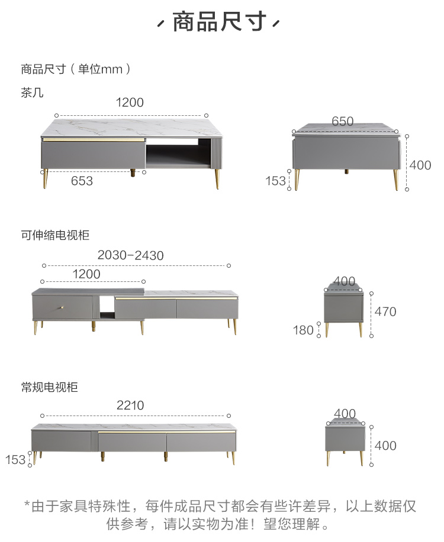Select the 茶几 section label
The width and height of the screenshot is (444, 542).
[33, 93]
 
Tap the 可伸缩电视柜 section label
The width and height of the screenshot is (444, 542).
[55, 235]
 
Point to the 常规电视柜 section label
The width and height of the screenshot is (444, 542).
[49, 388]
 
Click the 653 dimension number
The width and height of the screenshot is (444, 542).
[82, 181]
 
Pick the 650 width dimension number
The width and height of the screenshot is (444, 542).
[342, 122]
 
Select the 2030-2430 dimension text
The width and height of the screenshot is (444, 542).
[131, 255]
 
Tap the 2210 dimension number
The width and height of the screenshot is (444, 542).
[130, 405]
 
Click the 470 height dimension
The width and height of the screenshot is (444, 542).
[385, 311]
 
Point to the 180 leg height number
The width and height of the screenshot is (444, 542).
[303, 330]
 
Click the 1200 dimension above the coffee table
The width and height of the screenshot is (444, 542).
[130, 102]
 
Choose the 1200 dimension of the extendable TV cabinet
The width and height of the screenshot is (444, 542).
[86, 274]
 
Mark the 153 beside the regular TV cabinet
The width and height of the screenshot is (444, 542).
[15, 459]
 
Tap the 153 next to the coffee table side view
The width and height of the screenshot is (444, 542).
[276, 181]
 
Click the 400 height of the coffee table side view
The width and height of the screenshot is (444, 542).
[420, 165]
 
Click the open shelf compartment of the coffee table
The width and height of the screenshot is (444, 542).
[178, 155]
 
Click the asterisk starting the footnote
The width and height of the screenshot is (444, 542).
[27, 505]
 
